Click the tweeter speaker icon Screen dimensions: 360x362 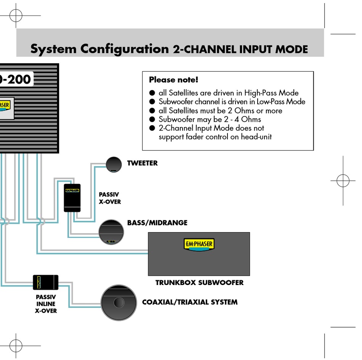point(114,164)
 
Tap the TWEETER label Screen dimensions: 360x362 point(142,163)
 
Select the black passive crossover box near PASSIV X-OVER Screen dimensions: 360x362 point(72,197)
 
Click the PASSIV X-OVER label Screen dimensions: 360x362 point(110,198)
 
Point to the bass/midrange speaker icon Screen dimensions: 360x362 point(111,231)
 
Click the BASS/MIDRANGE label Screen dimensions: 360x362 point(157,223)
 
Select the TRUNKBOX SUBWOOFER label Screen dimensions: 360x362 point(199,283)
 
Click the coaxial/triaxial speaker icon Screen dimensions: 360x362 point(119,303)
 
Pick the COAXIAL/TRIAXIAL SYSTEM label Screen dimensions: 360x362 point(189,302)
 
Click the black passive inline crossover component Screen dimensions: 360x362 point(45,282)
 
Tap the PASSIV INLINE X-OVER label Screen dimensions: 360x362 point(46,304)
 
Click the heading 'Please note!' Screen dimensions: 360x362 point(173,80)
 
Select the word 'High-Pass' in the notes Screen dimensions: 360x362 point(261,93)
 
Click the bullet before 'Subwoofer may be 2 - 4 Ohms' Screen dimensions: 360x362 point(152,119)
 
